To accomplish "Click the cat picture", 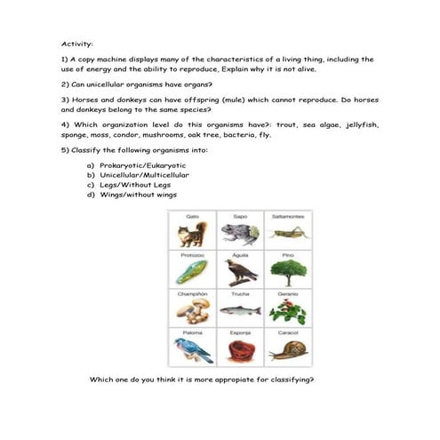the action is (x=192, y=236).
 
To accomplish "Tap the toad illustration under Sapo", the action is (x=239, y=234).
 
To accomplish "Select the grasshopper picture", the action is (x=287, y=233).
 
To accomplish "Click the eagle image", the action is (x=239, y=272).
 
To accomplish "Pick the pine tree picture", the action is (x=287, y=271).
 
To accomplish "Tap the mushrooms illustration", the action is (x=192, y=310).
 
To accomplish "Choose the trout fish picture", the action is (x=239, y=311).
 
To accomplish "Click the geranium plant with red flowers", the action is (x=287, y=310).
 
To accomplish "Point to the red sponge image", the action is (x=239, y=348).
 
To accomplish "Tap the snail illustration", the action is (x=287, y=349).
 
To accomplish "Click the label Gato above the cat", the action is (x=192, y=216).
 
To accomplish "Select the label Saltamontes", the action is (x=287, y=216).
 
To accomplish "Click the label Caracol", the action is (x=287, y=332).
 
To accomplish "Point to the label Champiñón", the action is (x=192, y=293).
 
